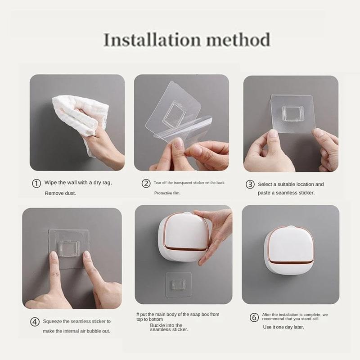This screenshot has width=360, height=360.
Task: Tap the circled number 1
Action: [36, 184]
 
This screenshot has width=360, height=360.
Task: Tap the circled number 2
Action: [146, 183]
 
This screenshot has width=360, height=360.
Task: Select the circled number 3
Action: [250, 184]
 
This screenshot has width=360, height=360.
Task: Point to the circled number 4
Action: [35, 322]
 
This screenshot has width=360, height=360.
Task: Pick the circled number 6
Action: [254, 317]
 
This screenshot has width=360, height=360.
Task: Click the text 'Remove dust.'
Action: [60, 193]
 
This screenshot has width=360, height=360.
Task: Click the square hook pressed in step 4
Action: [69, 247]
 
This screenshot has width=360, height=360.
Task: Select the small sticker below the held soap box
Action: [179, 284]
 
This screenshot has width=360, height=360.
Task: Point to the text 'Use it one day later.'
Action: [283, 327]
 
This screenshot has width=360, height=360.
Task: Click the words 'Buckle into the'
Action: [166, 325]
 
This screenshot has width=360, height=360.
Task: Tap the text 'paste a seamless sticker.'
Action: [286, 193]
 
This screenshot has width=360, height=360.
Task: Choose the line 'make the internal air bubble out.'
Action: [76, 331]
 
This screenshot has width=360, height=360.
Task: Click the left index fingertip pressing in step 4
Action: [54, 256]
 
